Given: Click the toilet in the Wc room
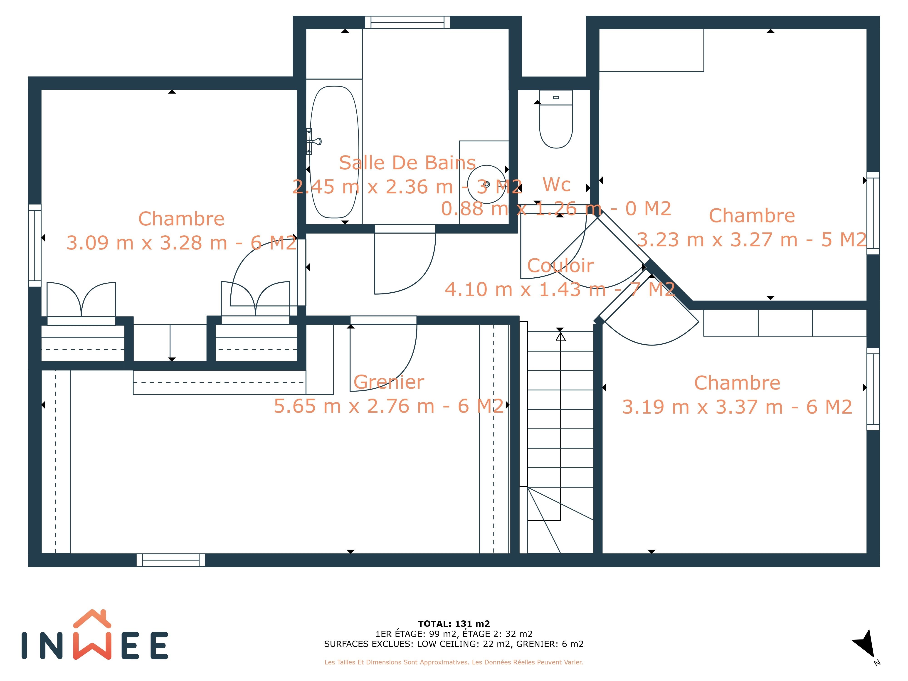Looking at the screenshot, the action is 556,119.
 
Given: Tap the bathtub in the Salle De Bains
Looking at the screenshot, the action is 334,152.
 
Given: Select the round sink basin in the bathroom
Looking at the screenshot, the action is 487,184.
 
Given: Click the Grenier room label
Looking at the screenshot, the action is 389,382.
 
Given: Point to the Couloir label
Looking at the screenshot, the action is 560,266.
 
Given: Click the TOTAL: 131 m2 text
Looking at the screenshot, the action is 454,624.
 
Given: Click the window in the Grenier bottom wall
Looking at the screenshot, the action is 171,560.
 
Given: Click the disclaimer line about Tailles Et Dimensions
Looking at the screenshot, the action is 454,662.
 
